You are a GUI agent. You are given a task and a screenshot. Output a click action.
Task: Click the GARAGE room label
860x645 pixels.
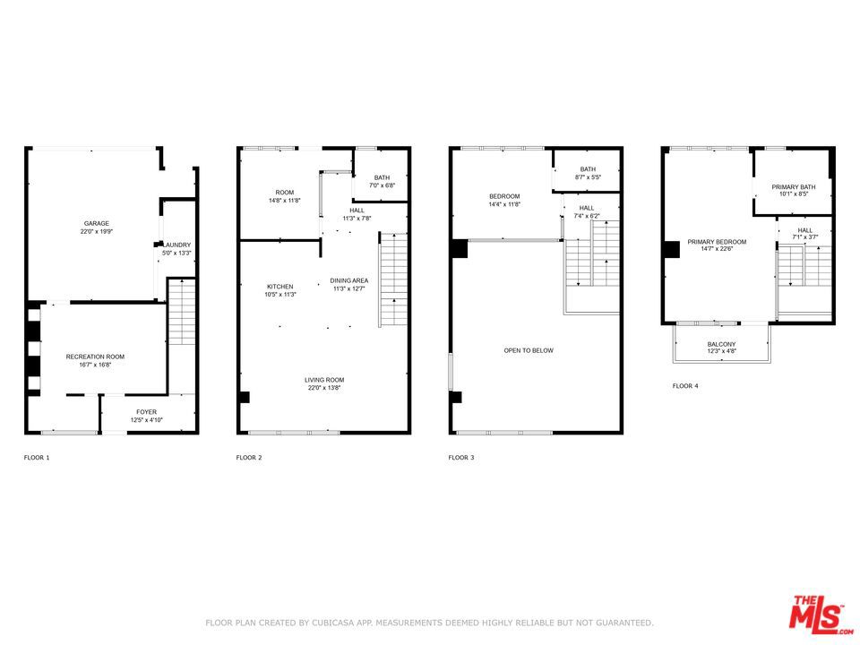click(97, 223)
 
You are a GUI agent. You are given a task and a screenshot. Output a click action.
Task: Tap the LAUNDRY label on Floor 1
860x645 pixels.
click(177, 245)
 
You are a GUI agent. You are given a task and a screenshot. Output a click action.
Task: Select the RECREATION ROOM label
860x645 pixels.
click(96, 357)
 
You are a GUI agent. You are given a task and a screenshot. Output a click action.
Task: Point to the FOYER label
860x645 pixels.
click(146, 412)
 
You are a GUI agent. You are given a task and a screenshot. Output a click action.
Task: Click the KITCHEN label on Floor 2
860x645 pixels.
click(280, 287)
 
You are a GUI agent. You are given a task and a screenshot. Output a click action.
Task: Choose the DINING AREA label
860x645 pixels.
click(349, 280)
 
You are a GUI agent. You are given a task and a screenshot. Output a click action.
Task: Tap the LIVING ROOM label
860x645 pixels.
click(324, 380)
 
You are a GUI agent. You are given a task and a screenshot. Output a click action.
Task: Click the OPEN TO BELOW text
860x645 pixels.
click(529, 350)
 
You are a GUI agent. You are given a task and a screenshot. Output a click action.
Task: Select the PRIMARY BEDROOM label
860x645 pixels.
click(717, 242)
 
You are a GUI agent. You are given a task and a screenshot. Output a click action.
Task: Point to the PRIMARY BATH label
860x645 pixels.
click(794, 187)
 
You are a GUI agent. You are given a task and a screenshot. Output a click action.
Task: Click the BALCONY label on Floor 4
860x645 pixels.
click(721, 344)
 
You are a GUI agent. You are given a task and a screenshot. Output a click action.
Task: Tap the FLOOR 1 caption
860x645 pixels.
click(37, 458)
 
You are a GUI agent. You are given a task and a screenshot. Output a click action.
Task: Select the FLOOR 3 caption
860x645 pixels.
click(461, 458)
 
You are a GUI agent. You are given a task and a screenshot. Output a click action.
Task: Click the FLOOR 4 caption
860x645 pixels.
click(685, 386)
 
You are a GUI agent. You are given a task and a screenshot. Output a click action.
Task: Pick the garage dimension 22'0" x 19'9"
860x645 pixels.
click(97, 231)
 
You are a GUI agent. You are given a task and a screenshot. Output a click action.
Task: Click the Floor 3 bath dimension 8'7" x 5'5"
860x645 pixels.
click(588, 177)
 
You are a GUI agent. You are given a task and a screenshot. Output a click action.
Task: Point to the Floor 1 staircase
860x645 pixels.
click(182, 312)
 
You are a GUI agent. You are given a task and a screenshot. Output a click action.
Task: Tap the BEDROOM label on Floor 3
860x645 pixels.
click(504, 196)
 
